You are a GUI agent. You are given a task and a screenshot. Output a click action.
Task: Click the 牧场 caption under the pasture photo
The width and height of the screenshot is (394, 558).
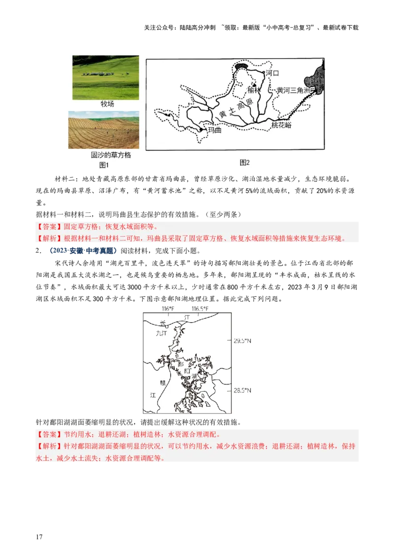[107, 104]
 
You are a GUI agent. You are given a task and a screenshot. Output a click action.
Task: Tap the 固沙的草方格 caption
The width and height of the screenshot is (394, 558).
[111, 155]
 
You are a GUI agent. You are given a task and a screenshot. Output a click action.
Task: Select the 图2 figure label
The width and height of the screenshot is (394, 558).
[245, 163]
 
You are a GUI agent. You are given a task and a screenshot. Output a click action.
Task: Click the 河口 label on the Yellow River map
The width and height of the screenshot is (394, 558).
[272, 73]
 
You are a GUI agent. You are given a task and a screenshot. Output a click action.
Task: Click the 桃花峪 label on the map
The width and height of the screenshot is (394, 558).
[281, 125]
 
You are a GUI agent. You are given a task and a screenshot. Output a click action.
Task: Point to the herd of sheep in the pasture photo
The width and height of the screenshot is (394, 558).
[100, 73]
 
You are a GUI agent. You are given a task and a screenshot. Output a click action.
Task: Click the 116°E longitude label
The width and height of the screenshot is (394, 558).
[168, 309]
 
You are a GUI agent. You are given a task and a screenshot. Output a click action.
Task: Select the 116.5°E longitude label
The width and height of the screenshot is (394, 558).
[200, 309]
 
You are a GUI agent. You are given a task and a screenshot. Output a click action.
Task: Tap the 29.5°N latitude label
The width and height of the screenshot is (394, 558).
[242, 341]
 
